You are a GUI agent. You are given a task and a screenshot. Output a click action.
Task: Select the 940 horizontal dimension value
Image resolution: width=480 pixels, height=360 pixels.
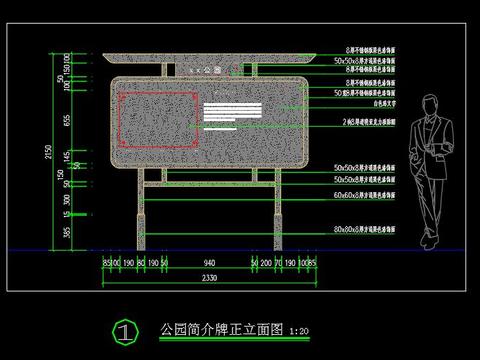pos(207,263)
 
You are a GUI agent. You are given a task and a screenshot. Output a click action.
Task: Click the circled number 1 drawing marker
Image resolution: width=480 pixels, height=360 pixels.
pos(125,332)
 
